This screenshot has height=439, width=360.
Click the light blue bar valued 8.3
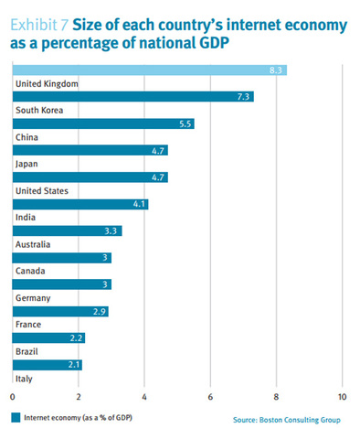pos(149,70)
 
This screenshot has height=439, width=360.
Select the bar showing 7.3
pos(132,97)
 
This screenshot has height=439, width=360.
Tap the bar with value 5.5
pos(102,123)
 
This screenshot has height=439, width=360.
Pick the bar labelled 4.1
pos(79,204)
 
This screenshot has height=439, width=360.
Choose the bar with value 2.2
pos(48,337)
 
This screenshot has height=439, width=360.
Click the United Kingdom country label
pos(47,84)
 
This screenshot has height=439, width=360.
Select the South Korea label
pos(39,111)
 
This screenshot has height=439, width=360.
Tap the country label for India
pos(26,218)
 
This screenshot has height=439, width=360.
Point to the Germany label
pos(33,298)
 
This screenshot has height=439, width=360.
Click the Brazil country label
pos(27,351)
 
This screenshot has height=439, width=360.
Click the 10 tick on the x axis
pos(342,396)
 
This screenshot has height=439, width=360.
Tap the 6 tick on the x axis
pos(210,396)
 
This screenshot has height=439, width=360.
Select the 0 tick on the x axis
pos(13,396)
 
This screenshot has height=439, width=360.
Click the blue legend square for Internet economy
pos(16,418)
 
